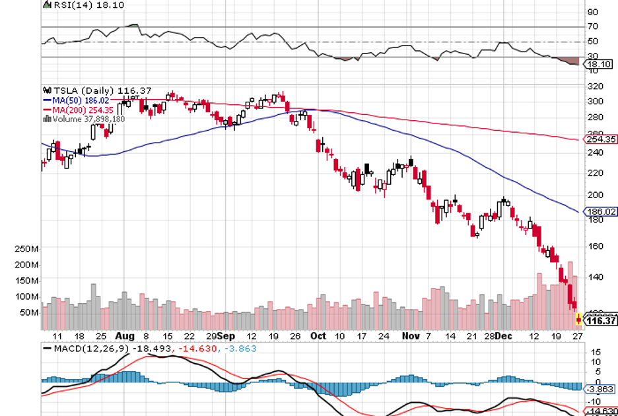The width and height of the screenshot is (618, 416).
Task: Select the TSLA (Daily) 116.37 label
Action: (82, 90)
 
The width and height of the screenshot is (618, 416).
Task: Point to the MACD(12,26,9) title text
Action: (82, 347)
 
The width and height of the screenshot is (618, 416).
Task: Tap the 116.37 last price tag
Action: (601, 320)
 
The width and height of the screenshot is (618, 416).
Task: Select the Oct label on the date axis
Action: (319, 336)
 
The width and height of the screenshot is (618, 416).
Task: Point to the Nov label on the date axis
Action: (411, 336)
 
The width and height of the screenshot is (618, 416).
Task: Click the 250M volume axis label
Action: (26, 248)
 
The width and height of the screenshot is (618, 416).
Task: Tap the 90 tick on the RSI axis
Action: (592, 12)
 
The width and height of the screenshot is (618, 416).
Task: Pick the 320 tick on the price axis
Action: (595, 87)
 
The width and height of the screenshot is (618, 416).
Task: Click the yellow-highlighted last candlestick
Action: (579, 319)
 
